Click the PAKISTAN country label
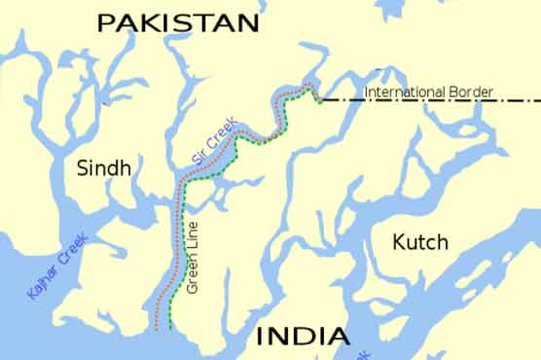click(179, 22)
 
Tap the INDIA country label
click(302, 338)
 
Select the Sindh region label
click(102, 168)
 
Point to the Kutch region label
click(419, 241)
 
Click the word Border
click(471, 92)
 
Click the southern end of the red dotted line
click(156, 329)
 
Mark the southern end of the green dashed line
click(171, 329)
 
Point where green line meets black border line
click(319, 100)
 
